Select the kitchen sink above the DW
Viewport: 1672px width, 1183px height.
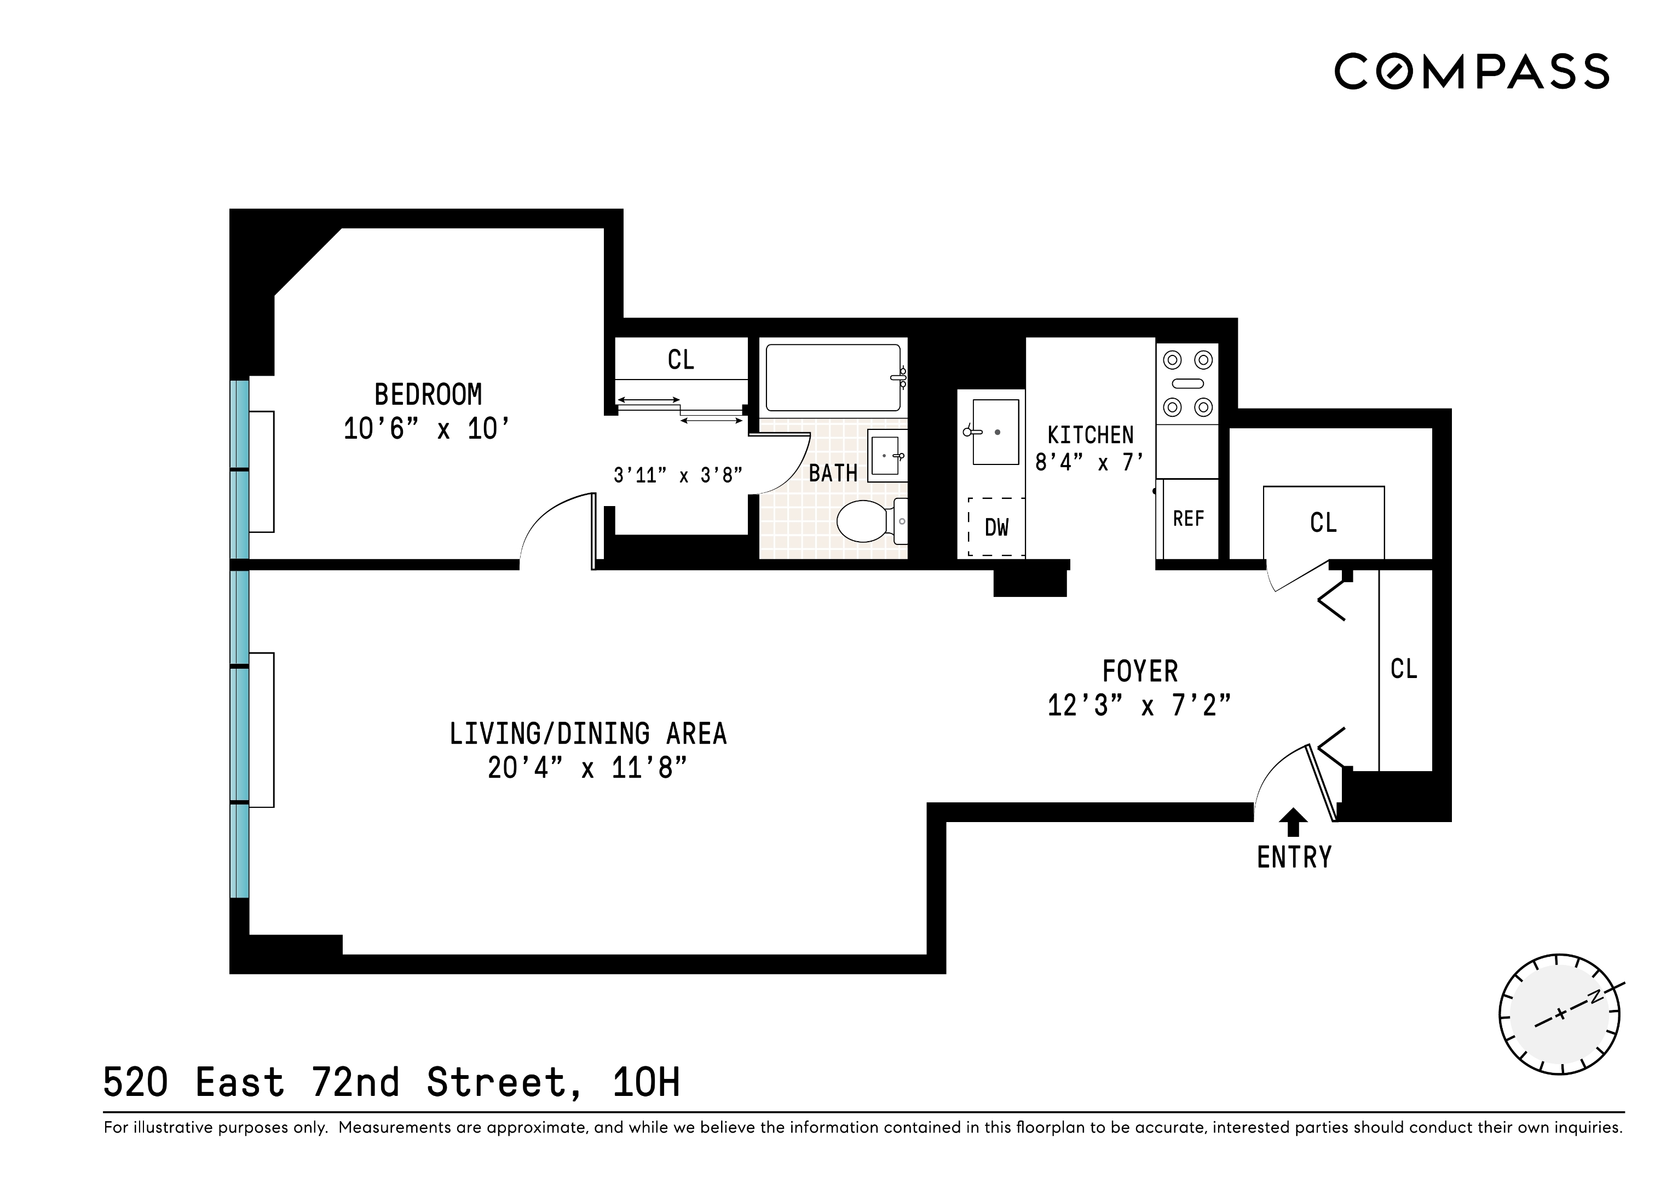point(994,432)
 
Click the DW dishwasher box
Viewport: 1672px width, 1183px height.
point(996,527)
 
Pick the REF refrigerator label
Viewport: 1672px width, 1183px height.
point(1189,519)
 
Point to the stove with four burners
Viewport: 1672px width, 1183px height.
point(1187,383)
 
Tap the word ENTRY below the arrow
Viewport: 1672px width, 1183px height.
point(1294,857)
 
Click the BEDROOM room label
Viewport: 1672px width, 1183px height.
point(428,395)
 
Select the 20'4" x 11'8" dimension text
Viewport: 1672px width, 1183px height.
point(587,768)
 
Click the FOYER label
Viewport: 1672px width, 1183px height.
point(1140,671)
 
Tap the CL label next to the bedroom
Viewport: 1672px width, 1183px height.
point(681,359)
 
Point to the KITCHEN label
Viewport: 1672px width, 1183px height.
point(1090,435)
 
